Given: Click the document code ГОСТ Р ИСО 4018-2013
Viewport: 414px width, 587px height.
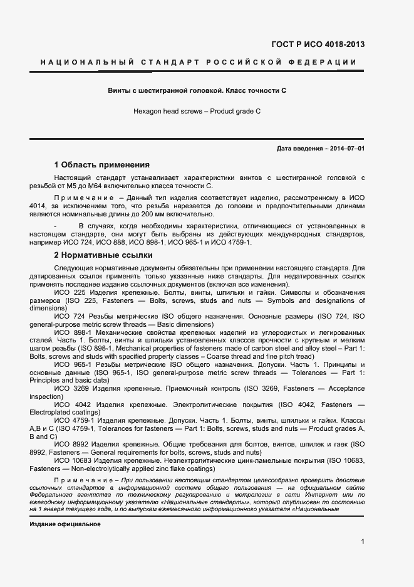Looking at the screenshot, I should [318, 45].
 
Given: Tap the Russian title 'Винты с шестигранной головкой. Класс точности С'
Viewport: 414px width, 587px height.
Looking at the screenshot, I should [197, 91].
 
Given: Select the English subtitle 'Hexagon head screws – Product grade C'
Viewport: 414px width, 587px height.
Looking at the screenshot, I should [197, 111].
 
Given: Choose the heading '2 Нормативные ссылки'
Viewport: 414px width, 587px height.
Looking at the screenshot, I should [103, 256].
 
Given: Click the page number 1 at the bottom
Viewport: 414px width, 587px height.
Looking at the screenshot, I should [363, 541].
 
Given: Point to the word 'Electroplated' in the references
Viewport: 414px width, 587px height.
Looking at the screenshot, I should [51, 413].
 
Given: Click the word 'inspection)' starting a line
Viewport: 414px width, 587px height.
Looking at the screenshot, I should [46, 397].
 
